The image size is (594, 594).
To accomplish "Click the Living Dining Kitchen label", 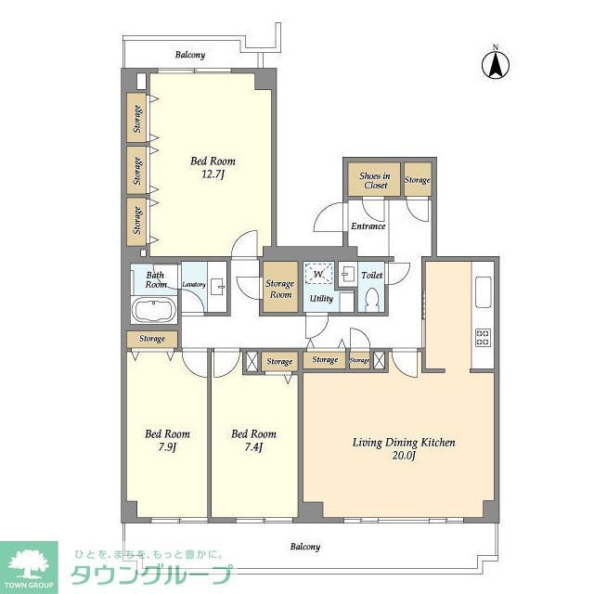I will point(404,449).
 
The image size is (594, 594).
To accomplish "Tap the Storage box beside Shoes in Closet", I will point(418,180).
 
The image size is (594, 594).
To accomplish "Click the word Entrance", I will point(368,226).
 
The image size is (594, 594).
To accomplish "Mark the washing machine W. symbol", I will point(318,275).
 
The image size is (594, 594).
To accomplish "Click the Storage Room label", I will point(279,289).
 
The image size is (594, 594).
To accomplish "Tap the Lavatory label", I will point(193,284).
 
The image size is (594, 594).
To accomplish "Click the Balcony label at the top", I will point(190,55).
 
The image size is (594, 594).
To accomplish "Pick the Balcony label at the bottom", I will point(304,547).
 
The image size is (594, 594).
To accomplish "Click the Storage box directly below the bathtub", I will point(153,339).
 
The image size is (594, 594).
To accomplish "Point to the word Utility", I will point(321,299).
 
